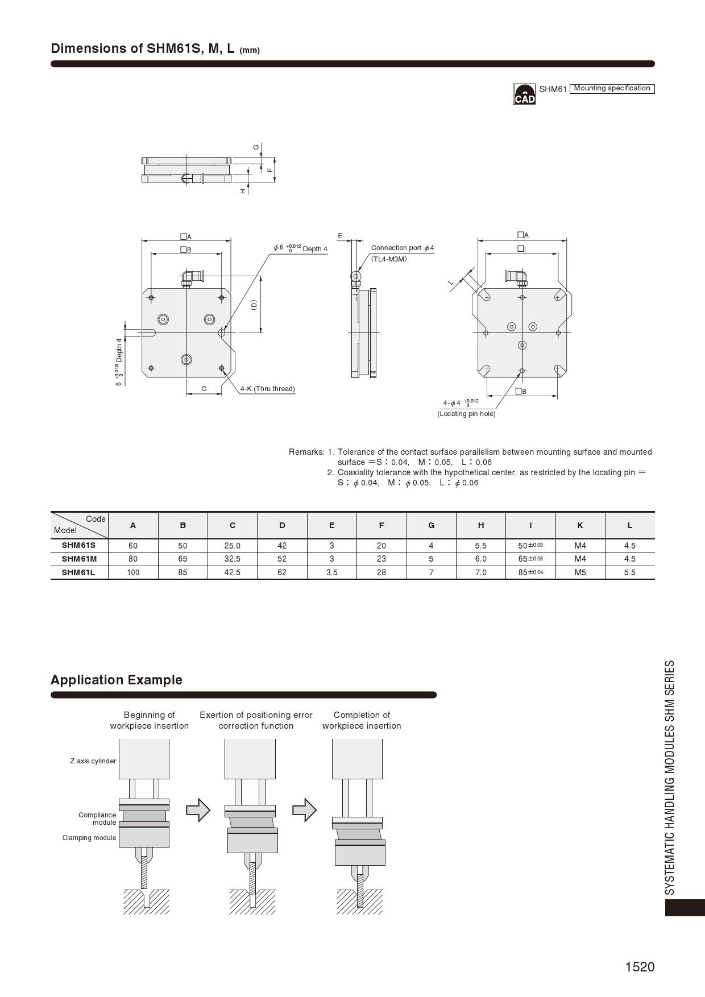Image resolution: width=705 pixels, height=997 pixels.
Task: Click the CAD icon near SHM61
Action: [524, 94]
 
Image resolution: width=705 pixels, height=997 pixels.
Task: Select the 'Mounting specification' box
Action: [612, 88]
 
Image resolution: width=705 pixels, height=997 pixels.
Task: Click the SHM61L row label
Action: [78, 572]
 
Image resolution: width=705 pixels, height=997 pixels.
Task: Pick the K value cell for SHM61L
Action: [580, 572]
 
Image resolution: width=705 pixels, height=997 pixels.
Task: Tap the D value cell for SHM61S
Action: [282, 546]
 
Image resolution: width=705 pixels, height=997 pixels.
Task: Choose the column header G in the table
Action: [431, 525]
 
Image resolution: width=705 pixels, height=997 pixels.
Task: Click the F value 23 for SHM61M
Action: [381, 559]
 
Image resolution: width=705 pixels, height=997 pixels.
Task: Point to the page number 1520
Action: [640, 967]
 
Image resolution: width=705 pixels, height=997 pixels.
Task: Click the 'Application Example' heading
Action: [117, 680]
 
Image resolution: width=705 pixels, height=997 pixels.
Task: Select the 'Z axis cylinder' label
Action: [93, 761]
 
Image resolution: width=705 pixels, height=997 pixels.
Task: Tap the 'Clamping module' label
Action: [89, 838]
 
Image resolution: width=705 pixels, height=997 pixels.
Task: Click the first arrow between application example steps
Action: [198, 810]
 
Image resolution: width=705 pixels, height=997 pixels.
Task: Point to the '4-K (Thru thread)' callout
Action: [267, 389]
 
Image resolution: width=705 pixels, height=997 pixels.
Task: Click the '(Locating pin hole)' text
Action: [466, 414]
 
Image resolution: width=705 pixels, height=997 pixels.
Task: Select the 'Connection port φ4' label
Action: [402, 248]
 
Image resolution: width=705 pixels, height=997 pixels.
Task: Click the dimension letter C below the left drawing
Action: [204, 389]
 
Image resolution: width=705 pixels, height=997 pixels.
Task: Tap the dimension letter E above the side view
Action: [340, 236]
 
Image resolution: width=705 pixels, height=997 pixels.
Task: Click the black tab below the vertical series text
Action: [685, 907]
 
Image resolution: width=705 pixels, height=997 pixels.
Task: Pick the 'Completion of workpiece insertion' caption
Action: [362, 720]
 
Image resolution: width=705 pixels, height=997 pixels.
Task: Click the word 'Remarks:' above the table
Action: [306, 452]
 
